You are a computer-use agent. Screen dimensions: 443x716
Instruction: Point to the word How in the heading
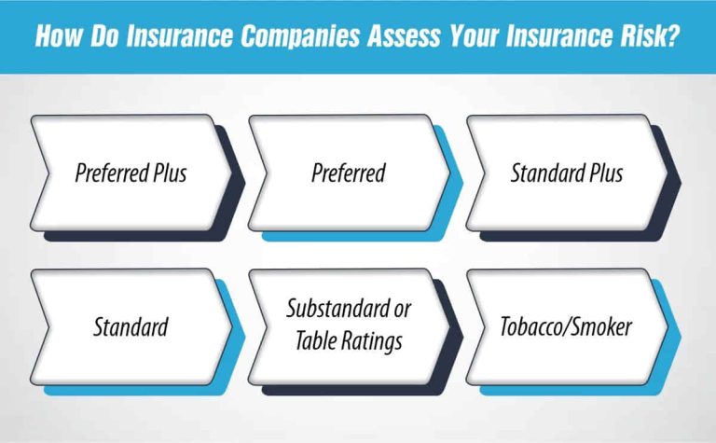coord(55,37)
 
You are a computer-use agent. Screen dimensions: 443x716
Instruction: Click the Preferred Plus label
coord(131,173)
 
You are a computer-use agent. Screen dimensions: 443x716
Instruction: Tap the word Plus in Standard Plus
coord(602,173)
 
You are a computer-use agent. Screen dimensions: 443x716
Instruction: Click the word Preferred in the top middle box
coord(349,173)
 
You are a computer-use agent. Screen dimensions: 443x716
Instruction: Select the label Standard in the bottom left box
coord(131,327)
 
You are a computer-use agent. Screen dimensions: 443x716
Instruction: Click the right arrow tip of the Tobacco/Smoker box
coord(668,327)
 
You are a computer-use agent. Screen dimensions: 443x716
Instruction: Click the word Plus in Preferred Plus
coord(169,173)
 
